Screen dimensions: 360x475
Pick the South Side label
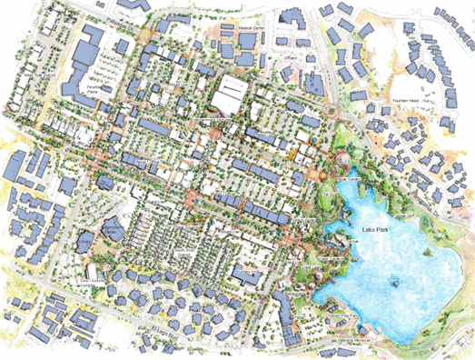pyautogui.click(x=184, y=243)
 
